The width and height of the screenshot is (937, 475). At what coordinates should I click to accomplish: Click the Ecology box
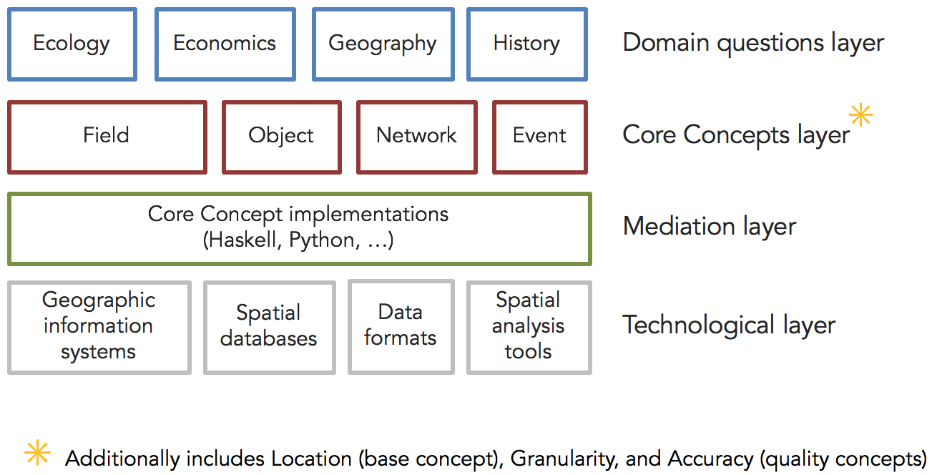[72, 44]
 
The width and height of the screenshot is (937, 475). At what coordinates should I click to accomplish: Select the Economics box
[225, 44]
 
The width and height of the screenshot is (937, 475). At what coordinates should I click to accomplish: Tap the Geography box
[383, 44]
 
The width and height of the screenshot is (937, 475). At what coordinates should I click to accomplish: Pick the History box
[527, 44]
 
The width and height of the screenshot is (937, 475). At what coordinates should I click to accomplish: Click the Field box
[107, 137]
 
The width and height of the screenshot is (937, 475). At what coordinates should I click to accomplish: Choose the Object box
[282, 137]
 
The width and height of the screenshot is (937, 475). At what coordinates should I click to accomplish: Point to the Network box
[416, 137]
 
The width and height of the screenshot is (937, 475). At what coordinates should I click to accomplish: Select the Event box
[540, 137]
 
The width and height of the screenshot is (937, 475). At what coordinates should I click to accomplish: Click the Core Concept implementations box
[300, 229]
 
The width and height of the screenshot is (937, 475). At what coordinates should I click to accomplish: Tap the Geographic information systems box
[99, 327]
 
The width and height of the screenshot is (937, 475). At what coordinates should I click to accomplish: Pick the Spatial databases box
[270, 327]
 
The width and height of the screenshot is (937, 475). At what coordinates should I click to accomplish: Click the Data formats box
[401, 326]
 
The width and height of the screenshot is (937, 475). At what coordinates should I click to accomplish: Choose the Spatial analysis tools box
[529, 327]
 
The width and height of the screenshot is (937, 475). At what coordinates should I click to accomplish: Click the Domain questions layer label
[753, 44]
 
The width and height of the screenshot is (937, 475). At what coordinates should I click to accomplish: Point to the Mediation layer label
[710, 227]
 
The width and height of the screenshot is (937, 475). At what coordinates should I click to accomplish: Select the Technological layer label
[729, 325]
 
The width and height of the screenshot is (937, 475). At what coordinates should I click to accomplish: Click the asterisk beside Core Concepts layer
[860, 114]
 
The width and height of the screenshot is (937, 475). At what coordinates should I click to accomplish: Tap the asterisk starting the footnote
[37, 452]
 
